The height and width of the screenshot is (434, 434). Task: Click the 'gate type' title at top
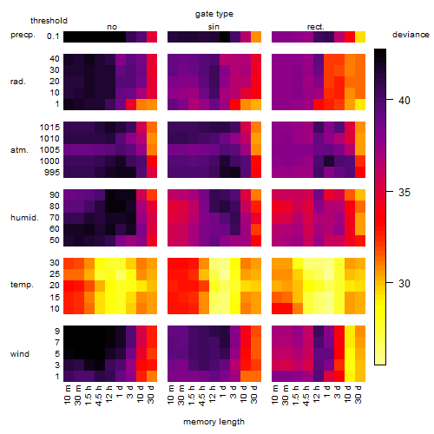pyautogui.click(x=214, y=14)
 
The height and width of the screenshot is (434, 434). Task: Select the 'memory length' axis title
pyautogui.click(x=214, y=422)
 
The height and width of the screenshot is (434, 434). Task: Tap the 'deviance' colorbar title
pyautogui.click(x=411, y=35)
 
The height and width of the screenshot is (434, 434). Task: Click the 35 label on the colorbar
pyautogui.click(x=404, y=193)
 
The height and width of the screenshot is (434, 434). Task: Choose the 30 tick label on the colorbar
pyautogui.click(x=404, y=284)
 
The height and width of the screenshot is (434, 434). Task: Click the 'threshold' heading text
pyautogui.click(x=49, y=21)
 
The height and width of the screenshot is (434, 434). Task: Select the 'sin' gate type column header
pyautogui.click(x=214, y=27)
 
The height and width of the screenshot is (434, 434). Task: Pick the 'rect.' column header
pyautogui.click(x=316, y=27)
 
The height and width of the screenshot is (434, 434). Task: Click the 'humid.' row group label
pyautogui.click(x=24, y=218)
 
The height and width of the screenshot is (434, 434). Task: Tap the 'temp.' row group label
pyautogui.click(x=22, y=285)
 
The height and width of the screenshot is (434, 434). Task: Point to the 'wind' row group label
pyautogui.click(x=20, y=354)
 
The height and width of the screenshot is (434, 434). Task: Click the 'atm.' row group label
pyautogui.click(x=19, y=150)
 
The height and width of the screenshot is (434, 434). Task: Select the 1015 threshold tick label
pyautogui.click(x=49, y=128)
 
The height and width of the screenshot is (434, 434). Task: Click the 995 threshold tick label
pyautogui.click(x=52, y=173)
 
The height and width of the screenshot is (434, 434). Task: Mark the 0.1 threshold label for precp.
pyautogui.click(x=53, y=36)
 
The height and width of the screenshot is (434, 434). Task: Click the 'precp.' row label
pyautogui.click(x=23, y=35)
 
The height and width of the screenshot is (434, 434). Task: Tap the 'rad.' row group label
pyautogui.click(x=18, y=82)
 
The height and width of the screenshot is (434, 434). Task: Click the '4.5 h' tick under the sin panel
pyautogui.click(x=202, y=395)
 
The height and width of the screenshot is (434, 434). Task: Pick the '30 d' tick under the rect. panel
pyautogui.click(x=358, y=394)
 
